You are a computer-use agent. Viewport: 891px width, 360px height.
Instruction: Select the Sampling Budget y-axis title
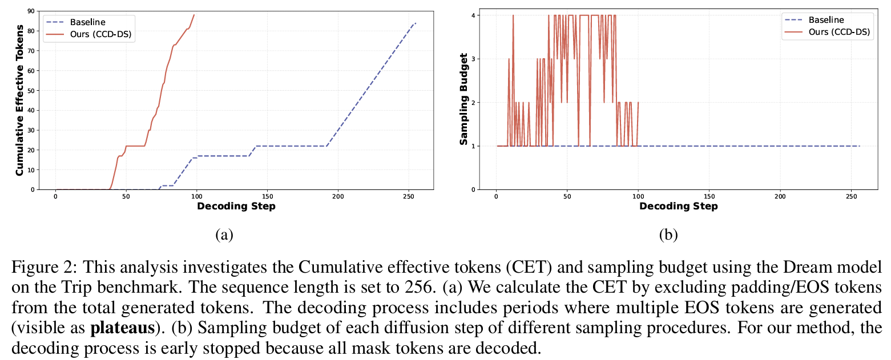(465, 99)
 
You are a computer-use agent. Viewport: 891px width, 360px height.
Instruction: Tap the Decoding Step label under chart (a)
(236, 206)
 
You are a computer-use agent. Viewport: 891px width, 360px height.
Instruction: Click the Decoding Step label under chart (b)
(678, 206)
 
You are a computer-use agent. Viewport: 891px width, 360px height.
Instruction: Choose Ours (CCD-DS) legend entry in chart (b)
(838, 32)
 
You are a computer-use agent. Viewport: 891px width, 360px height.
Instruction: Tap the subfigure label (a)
(224, 234)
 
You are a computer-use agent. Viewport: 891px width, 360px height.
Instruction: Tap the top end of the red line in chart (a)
(194, 15)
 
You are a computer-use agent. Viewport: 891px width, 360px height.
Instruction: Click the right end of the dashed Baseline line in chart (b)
(859, 146)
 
